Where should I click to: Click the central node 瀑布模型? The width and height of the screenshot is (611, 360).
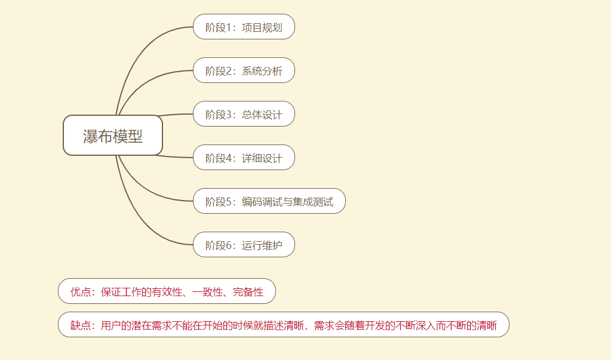[x=113, y=136]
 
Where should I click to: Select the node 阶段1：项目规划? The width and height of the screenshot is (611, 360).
[x=244, y=27]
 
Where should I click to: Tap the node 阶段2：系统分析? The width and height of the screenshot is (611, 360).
[x=244, y=70]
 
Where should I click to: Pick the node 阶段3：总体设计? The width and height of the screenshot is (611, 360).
[x=244, y=114]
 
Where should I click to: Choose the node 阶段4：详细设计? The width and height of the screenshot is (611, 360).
[x=244, y=158]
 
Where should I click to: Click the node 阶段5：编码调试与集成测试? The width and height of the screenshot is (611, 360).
[x=269, y=201]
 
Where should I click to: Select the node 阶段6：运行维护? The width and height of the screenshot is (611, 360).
[x=244, y=245]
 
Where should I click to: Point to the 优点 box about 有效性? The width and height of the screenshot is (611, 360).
[x=167, y=291]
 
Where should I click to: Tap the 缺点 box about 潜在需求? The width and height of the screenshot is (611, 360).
[x=283, y=325]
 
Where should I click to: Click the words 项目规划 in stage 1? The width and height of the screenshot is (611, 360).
[x=262, y=27]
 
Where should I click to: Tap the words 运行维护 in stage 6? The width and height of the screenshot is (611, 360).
[x=262, y=245]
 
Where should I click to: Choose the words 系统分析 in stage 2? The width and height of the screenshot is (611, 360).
[x=262, y=71]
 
